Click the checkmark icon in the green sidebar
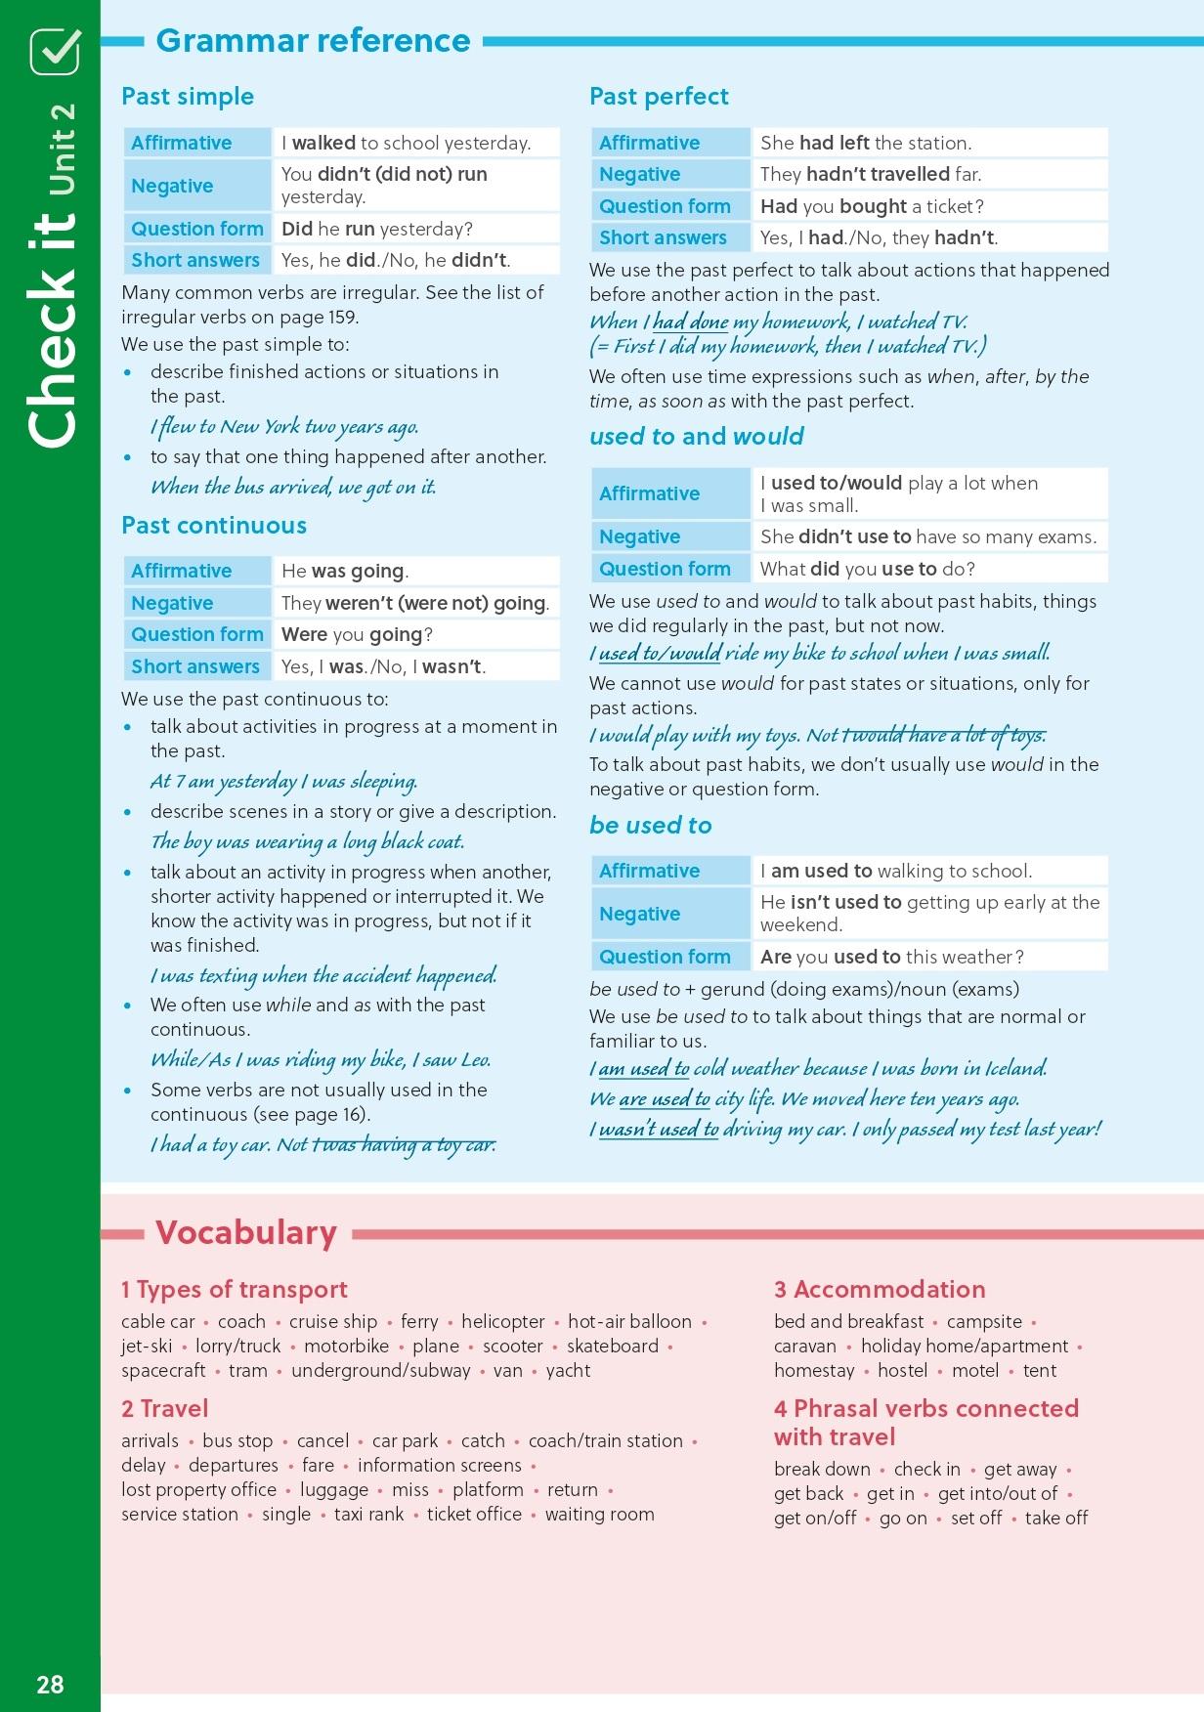pyautogui.click(x=55, y=51)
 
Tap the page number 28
pyautogui.click(x=50, y=1685)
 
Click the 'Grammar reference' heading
pyautogui.click(x=313, y=40)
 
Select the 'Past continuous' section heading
pyautogui.click(x=214, y=526)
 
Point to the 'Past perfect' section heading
pyautogui.click(x=659, y=97)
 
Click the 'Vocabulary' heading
pyautogui.click(x=246, y=1233)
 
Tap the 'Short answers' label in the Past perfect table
pyautogui.click(x=663, y=237)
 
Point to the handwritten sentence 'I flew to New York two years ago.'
pyautogui.click(x=284, y=427)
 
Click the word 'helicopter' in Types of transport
pyautogui.click(x=503, y=1321)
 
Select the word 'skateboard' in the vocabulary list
pyautogui.click(x=613, y=1346)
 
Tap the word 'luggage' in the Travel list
pyautogui.click(x=334, y=1489)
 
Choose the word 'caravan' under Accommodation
pyautogui.click(x=805, y=1346)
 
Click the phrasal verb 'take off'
pyautogui.click(x=1056, y=1518)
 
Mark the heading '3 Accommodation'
pyautogui.click(x=880, y=1290)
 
